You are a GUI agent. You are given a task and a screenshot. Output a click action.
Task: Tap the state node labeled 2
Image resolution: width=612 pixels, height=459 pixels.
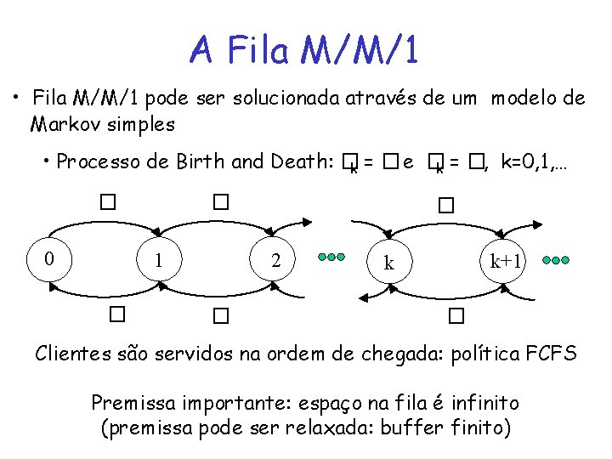tap(275, 260)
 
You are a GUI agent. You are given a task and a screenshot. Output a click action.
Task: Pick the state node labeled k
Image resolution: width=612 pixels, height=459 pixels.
tap(389, 263)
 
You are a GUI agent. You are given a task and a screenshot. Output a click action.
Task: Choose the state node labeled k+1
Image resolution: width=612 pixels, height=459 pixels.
tap(506, 260)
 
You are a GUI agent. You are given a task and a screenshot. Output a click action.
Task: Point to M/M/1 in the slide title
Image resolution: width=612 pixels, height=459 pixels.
tap(359, 50)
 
